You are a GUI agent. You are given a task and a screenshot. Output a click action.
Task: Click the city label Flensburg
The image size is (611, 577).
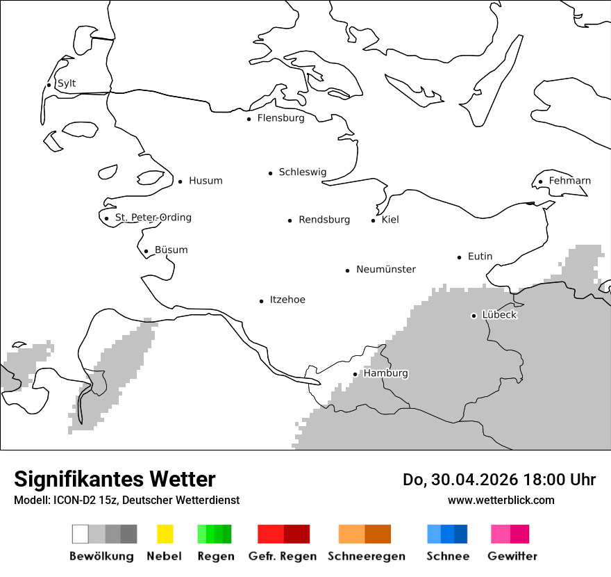[281, 118]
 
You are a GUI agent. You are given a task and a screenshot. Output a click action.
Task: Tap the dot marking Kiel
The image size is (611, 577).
[374, 220]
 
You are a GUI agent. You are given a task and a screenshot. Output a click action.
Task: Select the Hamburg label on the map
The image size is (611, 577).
[385, 373]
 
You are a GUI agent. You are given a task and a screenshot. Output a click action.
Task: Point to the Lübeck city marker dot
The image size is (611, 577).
[474, 316]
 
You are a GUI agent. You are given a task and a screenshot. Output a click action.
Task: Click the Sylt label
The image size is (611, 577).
[67, 84]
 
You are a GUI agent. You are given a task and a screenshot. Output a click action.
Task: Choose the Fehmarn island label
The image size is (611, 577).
[569, 181]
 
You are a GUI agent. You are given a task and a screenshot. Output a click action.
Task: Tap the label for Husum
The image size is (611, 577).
[206, 181]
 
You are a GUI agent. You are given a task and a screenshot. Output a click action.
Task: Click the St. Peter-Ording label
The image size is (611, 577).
[153, 218]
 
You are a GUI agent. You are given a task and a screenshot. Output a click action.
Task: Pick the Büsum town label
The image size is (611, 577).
[171, 250]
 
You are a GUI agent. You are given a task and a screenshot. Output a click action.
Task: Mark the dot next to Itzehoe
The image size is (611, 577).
[262, 301]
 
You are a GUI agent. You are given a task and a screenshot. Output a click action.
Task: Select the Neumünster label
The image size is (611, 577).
[386, 269]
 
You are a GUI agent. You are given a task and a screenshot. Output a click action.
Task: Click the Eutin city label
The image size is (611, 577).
[480, 257]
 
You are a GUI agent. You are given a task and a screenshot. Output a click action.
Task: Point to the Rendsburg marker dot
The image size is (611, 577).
[290, 220]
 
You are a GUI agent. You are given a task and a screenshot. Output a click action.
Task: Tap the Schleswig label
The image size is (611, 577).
[302, 172]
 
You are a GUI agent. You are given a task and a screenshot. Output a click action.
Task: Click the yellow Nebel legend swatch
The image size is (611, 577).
[165, 534]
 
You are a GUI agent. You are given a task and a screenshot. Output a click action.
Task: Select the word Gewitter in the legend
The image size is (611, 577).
[512, 556]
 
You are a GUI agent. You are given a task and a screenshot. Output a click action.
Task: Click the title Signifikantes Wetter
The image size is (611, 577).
[115, 479]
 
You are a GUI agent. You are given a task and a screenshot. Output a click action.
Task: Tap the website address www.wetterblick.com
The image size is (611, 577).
[501, 500]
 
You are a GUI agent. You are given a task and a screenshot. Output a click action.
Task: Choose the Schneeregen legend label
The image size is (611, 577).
[367, 556]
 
